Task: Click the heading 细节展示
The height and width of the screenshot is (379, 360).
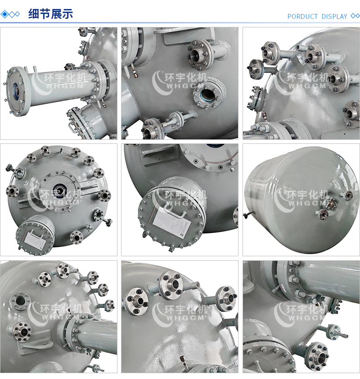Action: pyautogui.click(x=50, y=14)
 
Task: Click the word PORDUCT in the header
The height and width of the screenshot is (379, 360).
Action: pyautogui.click(x=302, y=17)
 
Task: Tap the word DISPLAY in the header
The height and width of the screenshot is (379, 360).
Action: pyautogui.click(x=334, y=17)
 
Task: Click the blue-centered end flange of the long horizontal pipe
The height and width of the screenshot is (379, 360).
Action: pyautogui.click(x=15, y=91)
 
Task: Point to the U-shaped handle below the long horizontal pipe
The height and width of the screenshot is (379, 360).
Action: pyautogui.click(x=73, y=126)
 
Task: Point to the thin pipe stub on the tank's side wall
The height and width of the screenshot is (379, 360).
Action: pyautogui.click(x=247, y=214)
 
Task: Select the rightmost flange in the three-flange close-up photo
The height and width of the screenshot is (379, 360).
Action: pyautogui.click(x=226, y=299)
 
